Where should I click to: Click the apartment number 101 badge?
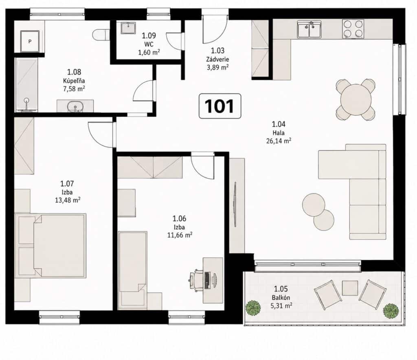219,106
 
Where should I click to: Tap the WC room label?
149,44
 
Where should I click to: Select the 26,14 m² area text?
279,140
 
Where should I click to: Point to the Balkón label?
281,298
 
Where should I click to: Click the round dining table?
356,99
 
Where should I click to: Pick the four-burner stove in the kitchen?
353,29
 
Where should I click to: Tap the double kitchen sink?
309,29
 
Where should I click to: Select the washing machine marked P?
30,42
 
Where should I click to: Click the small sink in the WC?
128,28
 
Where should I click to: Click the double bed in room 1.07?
50,246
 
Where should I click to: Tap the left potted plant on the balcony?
253,308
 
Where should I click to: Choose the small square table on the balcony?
350,288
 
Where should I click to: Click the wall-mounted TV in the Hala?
235,204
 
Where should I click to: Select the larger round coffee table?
314,205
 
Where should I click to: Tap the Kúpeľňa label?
74,81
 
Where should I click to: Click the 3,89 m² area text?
217,67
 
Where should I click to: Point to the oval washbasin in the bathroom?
75,106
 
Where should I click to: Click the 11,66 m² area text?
180,235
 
